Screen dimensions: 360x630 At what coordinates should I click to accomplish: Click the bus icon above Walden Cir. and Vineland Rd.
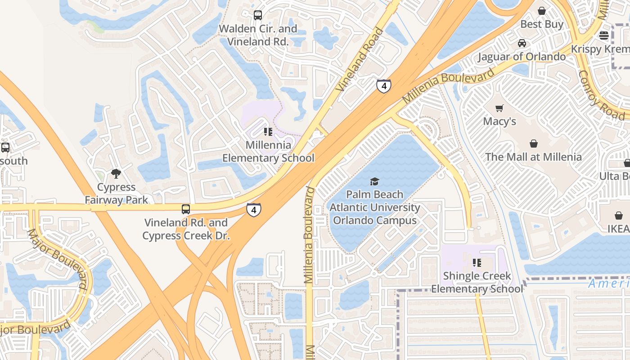point(258,15)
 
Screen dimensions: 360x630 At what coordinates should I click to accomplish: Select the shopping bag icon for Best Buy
point(542,11)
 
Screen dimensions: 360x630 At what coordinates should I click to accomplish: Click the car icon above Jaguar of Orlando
point(522,43)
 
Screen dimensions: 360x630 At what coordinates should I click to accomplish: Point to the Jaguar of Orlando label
point(522,57)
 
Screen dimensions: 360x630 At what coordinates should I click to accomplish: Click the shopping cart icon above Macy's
point(499,108)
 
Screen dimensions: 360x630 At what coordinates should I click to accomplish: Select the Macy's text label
point(499,121)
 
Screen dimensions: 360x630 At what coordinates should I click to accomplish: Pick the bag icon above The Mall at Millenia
point(533,144)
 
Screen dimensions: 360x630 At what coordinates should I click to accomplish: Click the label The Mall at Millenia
point(533,157)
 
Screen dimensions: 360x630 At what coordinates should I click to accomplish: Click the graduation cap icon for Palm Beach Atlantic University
point(374,181)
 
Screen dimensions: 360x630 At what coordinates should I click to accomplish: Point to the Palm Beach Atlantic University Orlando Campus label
point(374,208)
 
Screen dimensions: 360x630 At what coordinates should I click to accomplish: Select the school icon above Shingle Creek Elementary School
point(477,262)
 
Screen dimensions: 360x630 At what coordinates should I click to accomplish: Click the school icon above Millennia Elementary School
point(268,132)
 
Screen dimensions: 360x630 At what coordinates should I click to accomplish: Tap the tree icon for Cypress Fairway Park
point(116,174)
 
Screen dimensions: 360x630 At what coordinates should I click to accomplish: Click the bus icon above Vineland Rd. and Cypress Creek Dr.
point(185,209)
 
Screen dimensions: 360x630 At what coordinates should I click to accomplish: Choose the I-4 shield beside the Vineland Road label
point(383,85)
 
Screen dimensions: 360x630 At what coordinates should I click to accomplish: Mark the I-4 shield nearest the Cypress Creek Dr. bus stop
point(254,210)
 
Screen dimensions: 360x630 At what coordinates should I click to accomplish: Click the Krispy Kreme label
point(600,49)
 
